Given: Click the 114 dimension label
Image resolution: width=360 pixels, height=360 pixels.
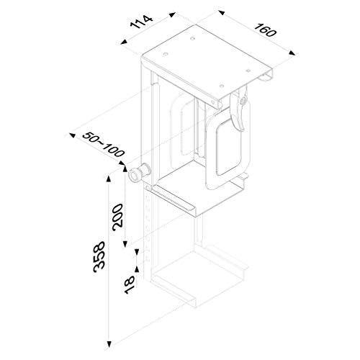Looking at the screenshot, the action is [141, 22].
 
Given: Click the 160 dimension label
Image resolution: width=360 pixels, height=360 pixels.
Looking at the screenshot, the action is [265, 30].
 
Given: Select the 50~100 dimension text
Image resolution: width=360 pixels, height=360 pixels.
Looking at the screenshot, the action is [104, 144].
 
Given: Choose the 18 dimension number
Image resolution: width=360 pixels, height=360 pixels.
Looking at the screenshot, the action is [130, 285].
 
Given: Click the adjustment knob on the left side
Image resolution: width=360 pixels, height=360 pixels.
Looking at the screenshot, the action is [140, 173].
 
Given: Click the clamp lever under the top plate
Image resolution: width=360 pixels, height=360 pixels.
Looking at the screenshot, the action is [238, 109].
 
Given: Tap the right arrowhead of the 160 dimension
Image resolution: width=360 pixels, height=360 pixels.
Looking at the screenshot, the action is [292, 53].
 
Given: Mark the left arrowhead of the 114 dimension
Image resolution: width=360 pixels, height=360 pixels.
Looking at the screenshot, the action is [124, 42].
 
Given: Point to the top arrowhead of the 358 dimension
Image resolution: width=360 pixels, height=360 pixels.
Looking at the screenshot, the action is [109, 179].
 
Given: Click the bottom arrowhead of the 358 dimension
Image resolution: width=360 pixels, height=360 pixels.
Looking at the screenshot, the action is [109, 344].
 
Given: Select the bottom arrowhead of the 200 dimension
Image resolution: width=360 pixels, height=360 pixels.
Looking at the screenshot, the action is [125, 244].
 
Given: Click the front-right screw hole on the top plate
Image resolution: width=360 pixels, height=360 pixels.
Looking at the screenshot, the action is [222, 86].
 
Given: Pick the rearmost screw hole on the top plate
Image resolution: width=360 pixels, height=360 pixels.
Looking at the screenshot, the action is [192, 38].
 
